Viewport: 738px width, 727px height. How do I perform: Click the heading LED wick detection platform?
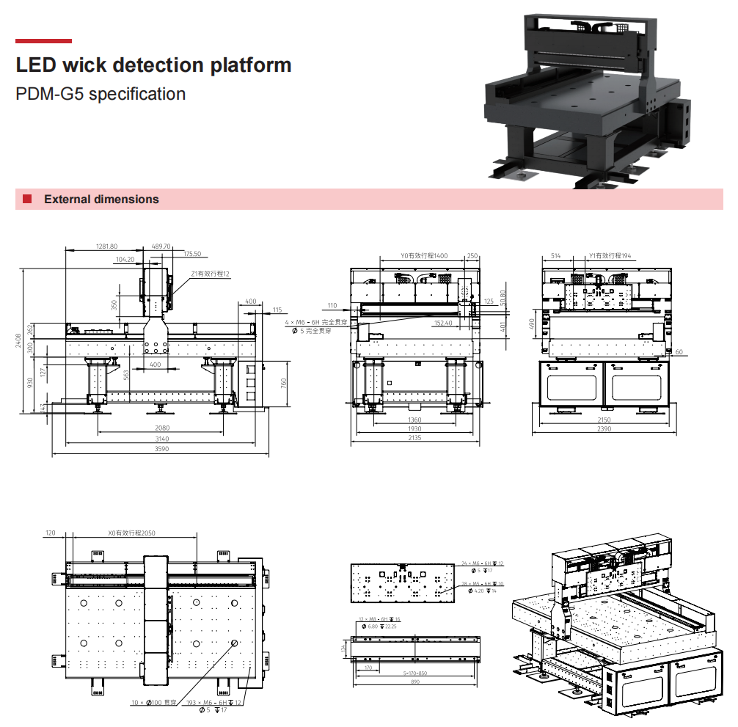(153, 65)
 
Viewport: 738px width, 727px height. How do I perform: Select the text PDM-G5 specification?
(101, 94)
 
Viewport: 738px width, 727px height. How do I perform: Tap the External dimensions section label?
(101, 200)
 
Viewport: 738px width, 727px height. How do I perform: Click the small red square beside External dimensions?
(27, 200)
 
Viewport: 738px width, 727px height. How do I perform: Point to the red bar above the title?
(43, 41)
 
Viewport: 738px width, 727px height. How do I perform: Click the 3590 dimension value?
(161, 448)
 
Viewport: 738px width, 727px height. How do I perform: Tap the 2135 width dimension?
(414, 438)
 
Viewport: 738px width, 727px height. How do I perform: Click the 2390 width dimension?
(604, 428)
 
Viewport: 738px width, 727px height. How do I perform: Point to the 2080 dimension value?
(162, 428)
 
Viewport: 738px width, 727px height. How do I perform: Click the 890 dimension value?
(415, 681)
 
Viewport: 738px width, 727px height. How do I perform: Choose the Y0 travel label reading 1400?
(424, 256)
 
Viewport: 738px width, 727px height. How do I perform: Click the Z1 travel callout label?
(211, 274)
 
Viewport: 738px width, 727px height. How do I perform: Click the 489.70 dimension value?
(161, 246)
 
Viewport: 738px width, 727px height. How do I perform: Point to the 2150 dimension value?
(604, 420)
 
